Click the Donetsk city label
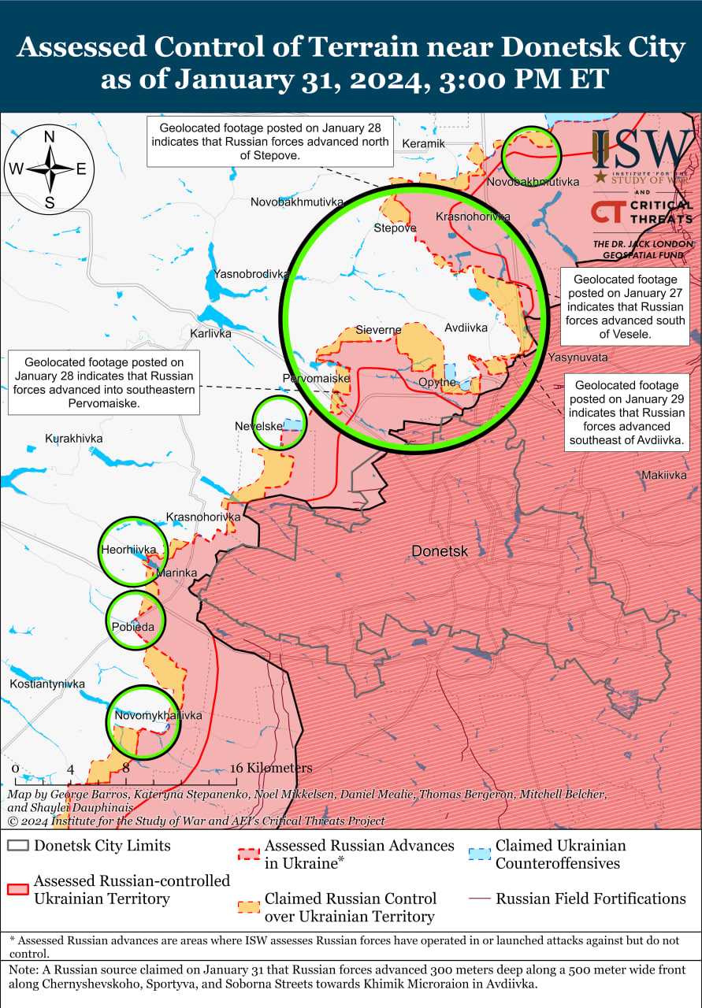(440, 552)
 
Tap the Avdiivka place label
(466, 328)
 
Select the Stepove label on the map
(395, 228)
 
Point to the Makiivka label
(664, 475)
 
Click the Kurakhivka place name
(74, 438)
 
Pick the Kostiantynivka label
(47, 684)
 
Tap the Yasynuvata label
(578, 357)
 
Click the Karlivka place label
(210, 333)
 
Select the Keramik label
(423, 143)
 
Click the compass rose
(49, 169)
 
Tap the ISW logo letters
(641, 149)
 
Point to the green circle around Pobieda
(136, 621)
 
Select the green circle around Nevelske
(279, 424)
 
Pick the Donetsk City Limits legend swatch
(18, 847)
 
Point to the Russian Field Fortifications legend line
(479, 899)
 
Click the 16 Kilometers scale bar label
(271, 768)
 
